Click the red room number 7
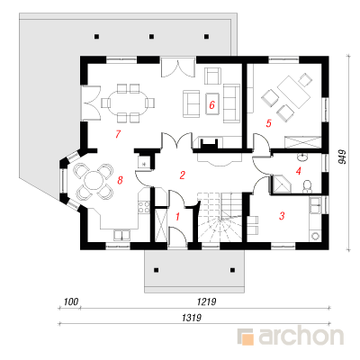pos(118,134)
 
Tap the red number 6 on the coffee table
pos(212,105)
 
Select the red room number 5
pos(268,123)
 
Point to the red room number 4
pos(298,171)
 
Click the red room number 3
pos(282,216)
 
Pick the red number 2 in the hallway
pos(182,175)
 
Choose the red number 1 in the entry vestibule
pos(177,216)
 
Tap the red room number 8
pos(120,180)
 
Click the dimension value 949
pos(342,157)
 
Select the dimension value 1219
pos(207,301)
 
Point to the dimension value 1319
pos(192,318)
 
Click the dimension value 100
pos(70,301)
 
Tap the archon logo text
pos(301,337)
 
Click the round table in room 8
pos(93,181)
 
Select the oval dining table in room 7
pos(128,103)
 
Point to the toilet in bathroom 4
pos(307,186)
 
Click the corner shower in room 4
pos(282,184)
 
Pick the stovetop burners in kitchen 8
pos(144,207)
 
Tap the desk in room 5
pos(293,92)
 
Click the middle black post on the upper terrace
pos(151,37)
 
